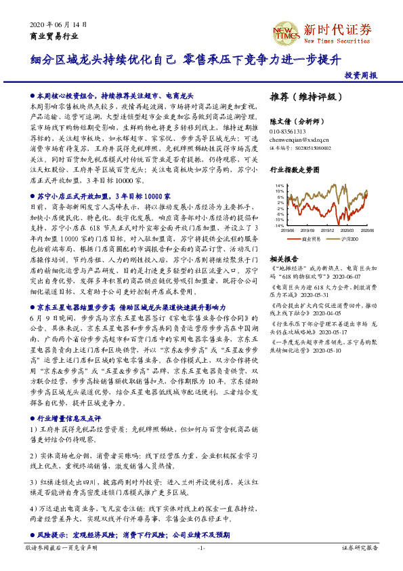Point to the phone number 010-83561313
[288, 131]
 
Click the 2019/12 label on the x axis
[329, 230]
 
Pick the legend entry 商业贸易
[308, 239]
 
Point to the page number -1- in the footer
[201, 547]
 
